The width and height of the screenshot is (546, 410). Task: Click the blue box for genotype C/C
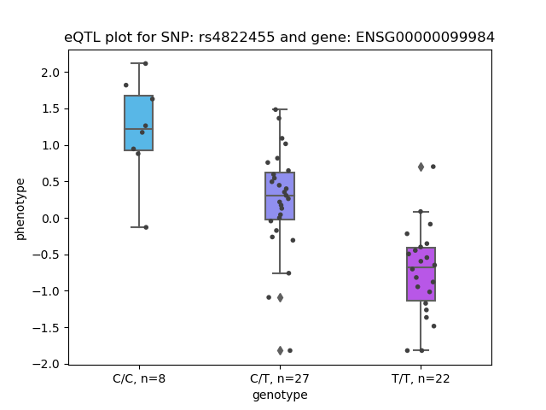pyautogui.click(x=138, y=123)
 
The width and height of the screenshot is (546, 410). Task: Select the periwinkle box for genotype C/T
pyautogui.click(x=280, y=196)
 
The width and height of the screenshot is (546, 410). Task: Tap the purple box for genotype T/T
pyautogui.click(x=421, y=274)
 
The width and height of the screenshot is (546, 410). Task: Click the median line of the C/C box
pyautogui.click(x=138, y=129)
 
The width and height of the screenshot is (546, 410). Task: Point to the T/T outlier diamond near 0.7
pyautogui.click(x=421, y=167)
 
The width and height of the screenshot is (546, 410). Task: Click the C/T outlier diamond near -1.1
pyautogui.click(x=280, y=298)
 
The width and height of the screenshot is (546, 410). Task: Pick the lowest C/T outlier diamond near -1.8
pyautogui.click(x=280, y=350)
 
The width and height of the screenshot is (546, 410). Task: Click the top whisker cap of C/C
pyautogui.click(x=138, y=63)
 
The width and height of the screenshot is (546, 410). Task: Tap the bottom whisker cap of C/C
pyautogui.click(x=138, y=227)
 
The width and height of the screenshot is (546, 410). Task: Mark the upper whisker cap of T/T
pyautogui.click(x=421, y=212)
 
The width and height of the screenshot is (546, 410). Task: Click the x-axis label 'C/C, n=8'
pyautogui.click(x=139, y=378)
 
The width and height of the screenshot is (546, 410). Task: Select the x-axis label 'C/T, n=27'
pyautogui.click(x=280, y=378)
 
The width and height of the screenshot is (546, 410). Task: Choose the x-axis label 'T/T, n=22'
pyautogui.click(x=421, y=378)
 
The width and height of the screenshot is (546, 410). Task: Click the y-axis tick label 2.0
pyautogui.click(x=50, y=73)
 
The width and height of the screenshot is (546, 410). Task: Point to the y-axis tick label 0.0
pyautogui.click(x=50, y=219)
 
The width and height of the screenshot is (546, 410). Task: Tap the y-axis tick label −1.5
pyautogui.click(x=46, y=328)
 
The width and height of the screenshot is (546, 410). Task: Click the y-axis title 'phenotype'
pyautogui.click(x=20, y=209)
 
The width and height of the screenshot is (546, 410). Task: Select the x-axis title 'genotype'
pyautogui.click(x=280, y=395)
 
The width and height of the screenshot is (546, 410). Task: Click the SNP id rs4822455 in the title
pyautogui.click(x=236, y=37)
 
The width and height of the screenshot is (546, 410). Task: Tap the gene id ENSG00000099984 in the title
pyautogui.click(x=425, y=37)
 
